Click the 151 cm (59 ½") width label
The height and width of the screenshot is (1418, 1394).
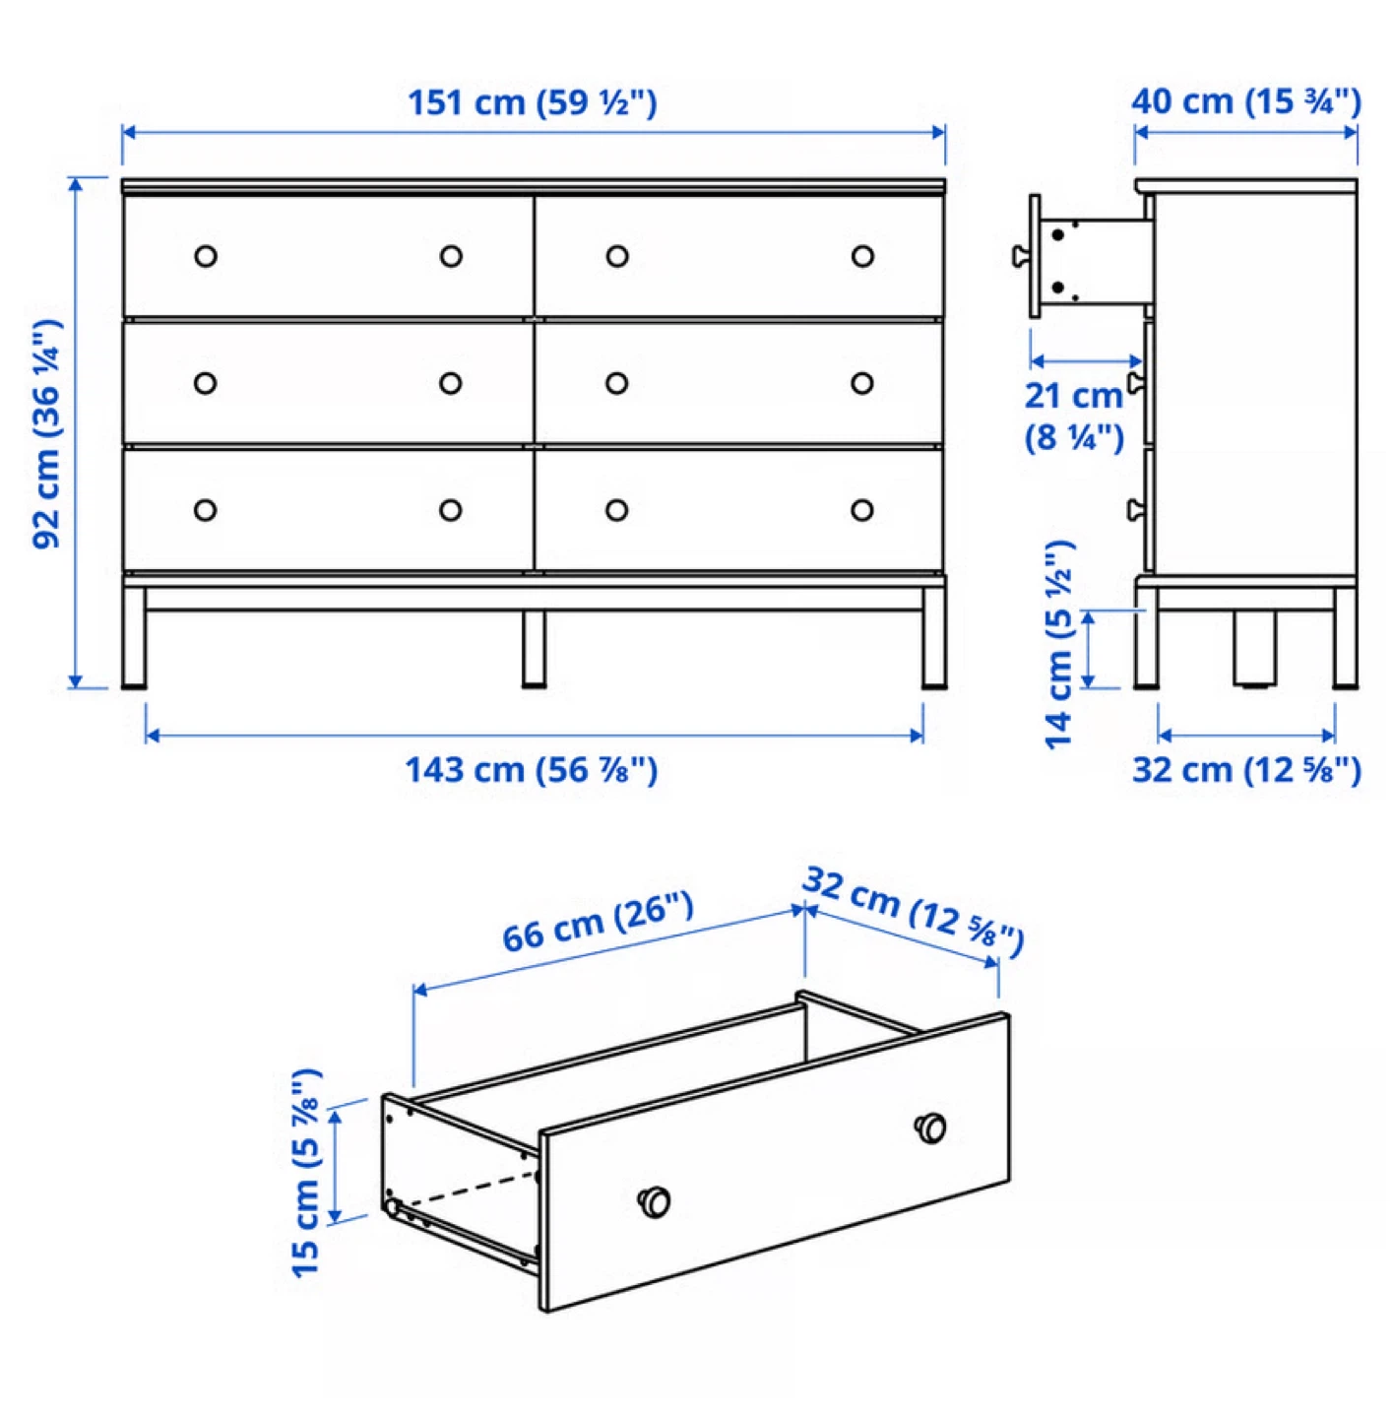[x=532, y=102]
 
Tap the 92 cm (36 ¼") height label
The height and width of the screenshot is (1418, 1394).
[x=47, y=433]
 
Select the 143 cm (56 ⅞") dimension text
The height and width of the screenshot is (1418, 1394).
[x=531, y=770]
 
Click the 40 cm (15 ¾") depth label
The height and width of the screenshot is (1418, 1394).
[x=1245, y=101]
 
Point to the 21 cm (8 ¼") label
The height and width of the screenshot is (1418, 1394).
[x=1073, y=416]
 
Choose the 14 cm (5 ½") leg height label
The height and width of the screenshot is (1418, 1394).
[x=1059, y=644]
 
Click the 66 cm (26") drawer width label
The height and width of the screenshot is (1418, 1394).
[x=598, y=923]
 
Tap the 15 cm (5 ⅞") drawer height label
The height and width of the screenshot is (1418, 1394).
[x=306, y=1172]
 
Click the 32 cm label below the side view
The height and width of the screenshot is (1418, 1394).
[x=1246, y=770]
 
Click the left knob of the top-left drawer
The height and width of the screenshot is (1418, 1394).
[x=206, y=256]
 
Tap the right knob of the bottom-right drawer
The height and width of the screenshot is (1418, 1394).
[x=862, y=510]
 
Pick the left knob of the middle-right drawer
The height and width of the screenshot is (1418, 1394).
[x=617, y=383]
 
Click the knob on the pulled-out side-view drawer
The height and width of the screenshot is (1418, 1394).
[x=1021, y=256]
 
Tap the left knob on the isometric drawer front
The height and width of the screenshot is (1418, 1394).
[x=655, y=1201]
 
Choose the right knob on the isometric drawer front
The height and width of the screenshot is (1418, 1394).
[x=930, y=1128]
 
